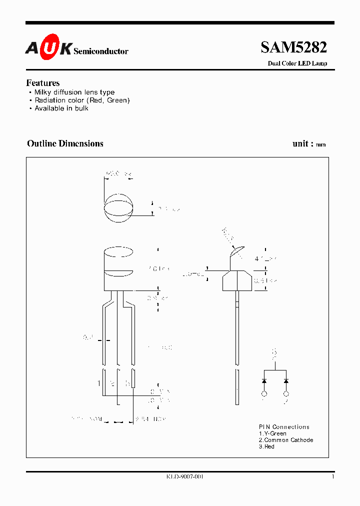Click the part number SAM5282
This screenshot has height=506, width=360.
pyautogui.click(x=293, y=47)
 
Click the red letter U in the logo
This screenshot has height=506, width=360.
pyautogui.click(x=49, y=49)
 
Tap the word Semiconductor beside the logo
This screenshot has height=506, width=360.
pyautogui.click(x=101, y=51)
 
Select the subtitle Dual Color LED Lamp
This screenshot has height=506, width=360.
pyautogui.click(x=297, y=63)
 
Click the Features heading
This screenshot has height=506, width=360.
pyautogui.click(x=43, y=83)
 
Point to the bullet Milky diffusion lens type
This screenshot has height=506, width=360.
pyautogui.click(x=74, y=92)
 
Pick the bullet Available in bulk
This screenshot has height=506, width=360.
pyautogui.click(x=61, y=108)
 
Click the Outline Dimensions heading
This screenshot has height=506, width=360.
pyautogui.click(x=65, y=143)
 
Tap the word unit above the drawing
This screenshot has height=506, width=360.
pyautogui.click(x=300, y=143)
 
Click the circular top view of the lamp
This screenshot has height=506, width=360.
pyautogui.click(x=118, y=208)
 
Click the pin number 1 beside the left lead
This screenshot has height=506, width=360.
pyautogui.click(x=99, y=383)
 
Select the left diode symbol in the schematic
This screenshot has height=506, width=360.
pyautogui.click(x=264, y=381)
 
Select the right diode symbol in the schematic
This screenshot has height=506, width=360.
pyautogui.click(x=286, y=381)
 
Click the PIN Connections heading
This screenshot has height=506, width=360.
pyautogui.click(x=284, y=427)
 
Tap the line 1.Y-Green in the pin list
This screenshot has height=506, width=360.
pyautogui.click(x=272, y=433)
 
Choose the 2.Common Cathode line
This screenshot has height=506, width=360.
pyautogui.click(x=286, y=440)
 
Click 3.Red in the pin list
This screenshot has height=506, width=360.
pyautogui.click(x=266, y=446)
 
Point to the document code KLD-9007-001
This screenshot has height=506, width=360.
pyautogui.click(x=184, y=477)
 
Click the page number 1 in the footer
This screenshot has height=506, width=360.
pyautogui.click(x=332, y=477)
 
